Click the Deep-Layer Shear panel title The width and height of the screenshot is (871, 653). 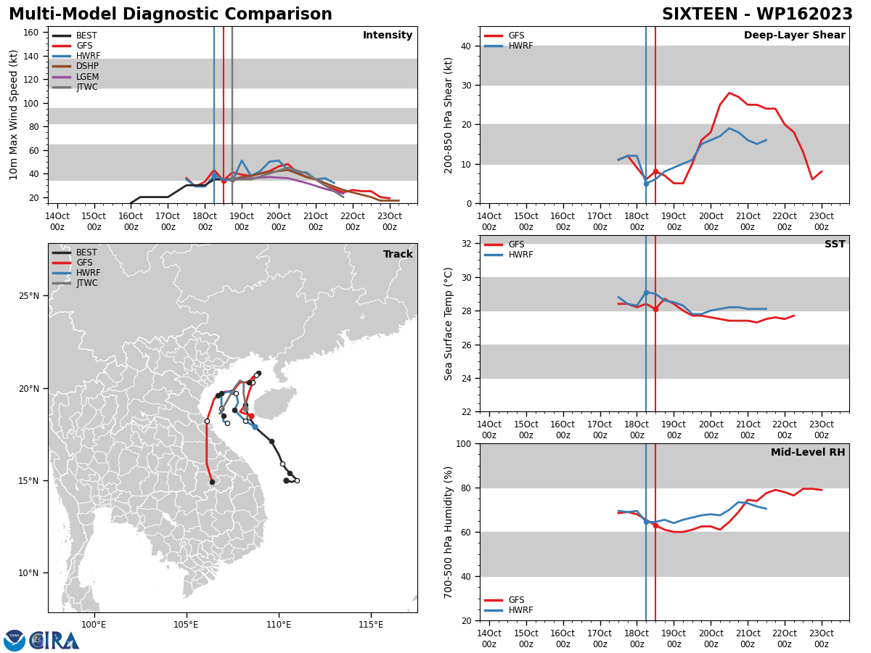794,36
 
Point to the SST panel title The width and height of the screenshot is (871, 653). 835,244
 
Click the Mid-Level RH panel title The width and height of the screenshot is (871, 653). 808,452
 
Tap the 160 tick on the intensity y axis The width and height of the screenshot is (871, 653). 30,33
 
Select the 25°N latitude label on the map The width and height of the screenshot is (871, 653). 29,296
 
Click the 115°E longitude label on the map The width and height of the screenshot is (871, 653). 371,625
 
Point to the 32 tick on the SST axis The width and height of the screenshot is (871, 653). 466,244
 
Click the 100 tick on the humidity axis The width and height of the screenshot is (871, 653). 464,443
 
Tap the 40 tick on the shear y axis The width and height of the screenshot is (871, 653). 466,46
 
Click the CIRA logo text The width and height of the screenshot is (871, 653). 54,641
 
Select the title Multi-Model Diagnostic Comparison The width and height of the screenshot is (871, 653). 171,15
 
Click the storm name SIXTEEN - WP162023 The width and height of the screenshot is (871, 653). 757,15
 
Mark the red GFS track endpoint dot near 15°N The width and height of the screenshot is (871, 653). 212,482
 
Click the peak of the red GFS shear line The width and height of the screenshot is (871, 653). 729,93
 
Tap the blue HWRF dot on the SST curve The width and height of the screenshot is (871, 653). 646,292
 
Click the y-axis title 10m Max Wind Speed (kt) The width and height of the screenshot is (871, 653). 13,115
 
